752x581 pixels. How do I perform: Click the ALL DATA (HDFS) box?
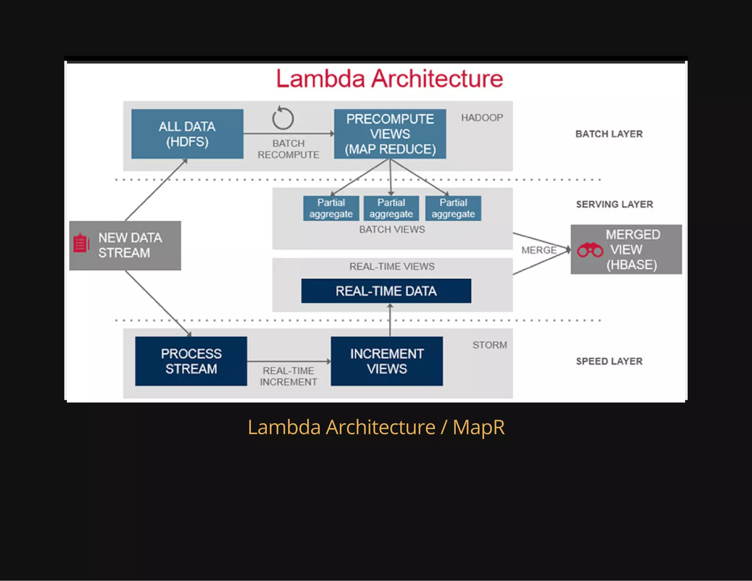click(187, 134)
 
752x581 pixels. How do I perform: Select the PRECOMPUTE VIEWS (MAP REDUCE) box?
click(390, 134)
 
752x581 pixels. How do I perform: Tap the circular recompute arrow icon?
click(283, 118)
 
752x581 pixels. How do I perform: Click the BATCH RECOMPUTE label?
click(288, 149)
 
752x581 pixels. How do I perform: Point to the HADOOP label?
click(482, 118)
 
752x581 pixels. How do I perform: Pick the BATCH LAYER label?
click(609, 134)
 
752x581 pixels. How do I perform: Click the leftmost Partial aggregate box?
click(331, 208)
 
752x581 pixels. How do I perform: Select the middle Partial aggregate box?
click(391, 208)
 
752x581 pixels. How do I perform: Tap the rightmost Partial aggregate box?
click(453, 208)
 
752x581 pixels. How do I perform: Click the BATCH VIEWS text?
click(392, 230)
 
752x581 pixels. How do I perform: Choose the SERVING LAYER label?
click(614, 204)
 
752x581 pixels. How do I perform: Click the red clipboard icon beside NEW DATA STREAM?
click(81, 243)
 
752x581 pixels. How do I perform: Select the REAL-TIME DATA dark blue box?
click(386, 291)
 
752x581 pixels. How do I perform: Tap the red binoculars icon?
click(590, 250)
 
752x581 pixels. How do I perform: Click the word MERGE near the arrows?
click(539, 250)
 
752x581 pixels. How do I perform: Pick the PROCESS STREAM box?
click(191, 361)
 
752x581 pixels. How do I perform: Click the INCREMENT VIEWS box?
click(387, 361)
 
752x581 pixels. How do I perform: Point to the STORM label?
click(489, 345)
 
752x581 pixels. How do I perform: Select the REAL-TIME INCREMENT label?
click(288, 376)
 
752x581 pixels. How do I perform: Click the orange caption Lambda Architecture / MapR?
click(376, 427)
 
